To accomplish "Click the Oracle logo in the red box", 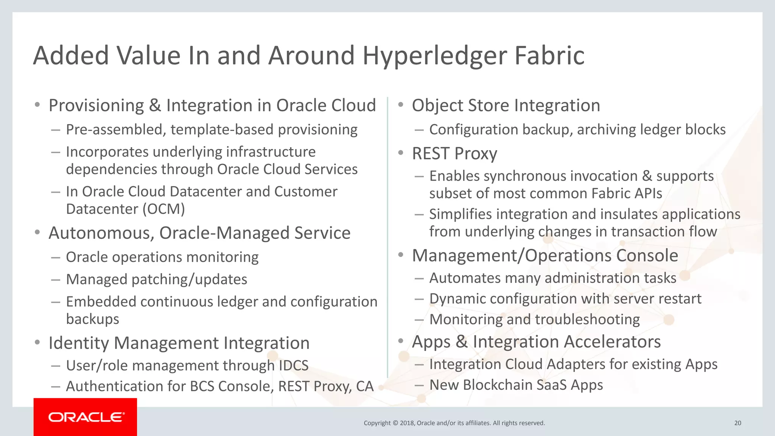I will coord(86,417).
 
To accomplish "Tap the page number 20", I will coord(738,423).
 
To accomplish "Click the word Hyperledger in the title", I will coord(435,56).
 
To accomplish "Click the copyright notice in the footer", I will coord(454,423).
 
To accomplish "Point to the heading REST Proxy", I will coord(454,154).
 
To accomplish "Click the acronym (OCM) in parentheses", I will coord(163,209).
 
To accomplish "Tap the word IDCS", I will coord(293,366).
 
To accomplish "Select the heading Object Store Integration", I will coord(506,106).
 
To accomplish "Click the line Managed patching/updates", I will coord(156,280).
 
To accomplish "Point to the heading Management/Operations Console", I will coord(545,255).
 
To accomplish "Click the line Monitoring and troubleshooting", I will coord(534,319).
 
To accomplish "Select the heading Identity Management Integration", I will coord(179,343).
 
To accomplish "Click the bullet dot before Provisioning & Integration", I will coord(37,105).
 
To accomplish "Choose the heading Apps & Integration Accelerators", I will coord(536,342).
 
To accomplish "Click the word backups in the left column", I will coord(93,319).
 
